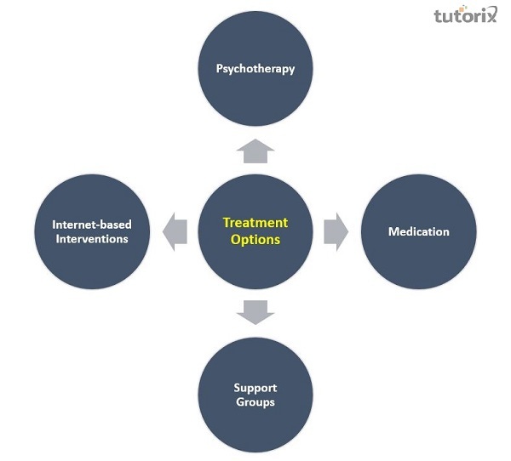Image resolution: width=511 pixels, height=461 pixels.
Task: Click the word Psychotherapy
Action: click(x=255, y=69)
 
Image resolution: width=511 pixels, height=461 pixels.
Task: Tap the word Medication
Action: click(x=418, y=231)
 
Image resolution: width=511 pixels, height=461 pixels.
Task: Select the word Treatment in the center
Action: click(x=255, y=223)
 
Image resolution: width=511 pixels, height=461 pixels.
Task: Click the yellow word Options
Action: click(x=255, y=240)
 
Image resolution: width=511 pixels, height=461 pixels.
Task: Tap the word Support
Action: click(x=255, y=388)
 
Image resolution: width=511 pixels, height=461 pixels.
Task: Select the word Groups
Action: click(x=255, y=401)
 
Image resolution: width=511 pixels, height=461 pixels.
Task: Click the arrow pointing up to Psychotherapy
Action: click(x=255, y=151)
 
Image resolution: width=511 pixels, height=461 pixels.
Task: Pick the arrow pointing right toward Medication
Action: click(x=336, y=231)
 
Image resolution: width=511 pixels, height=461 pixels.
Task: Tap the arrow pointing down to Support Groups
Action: click(x=255, y=311)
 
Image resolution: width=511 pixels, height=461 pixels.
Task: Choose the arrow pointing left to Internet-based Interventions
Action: click(x=175, y=231)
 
